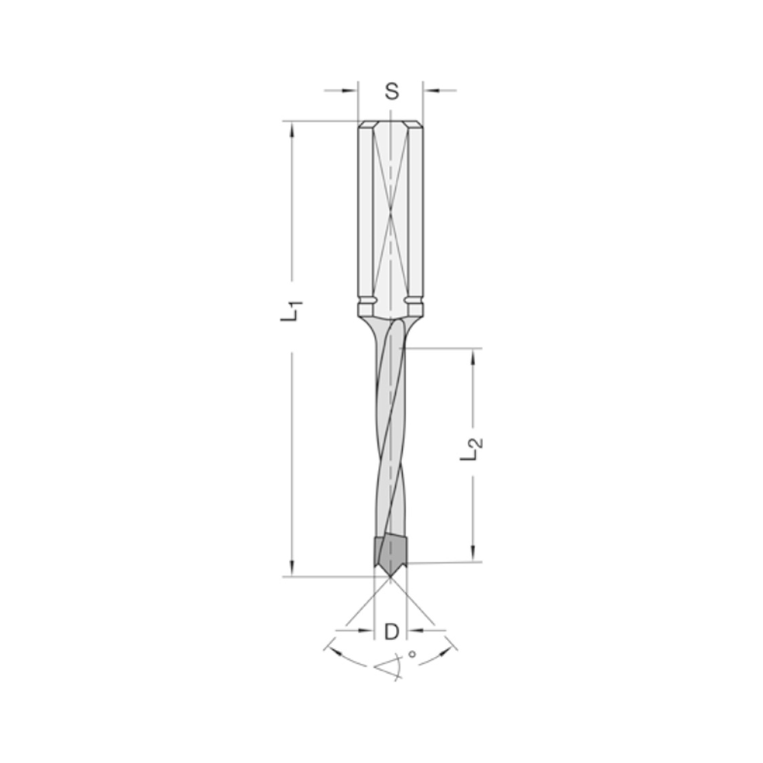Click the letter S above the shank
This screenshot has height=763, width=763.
(391, 92)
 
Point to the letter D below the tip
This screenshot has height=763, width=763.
(391, 632)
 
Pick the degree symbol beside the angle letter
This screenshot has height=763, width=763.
(413, 654)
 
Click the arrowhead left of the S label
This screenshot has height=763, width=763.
(352, 91)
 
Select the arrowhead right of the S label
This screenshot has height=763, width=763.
(430, 91)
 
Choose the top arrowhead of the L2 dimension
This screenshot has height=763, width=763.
(473, 356)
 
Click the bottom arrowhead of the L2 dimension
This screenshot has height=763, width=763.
(473, 555)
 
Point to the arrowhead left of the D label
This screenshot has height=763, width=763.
(368, 629)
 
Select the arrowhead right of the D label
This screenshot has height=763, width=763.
(414, 629)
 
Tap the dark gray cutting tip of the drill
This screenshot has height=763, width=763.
(390, 552)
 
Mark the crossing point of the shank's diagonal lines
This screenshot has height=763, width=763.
(390, 214)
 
